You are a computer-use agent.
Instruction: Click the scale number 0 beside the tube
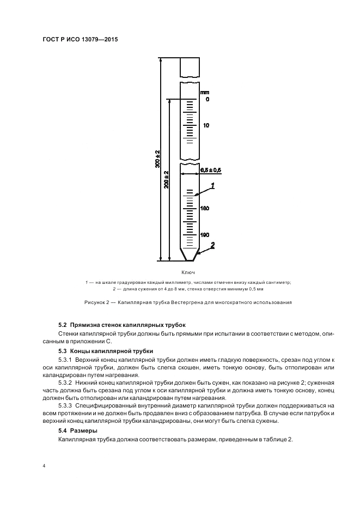tap(208, 100)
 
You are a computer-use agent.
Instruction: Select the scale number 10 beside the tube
tap(206, 125)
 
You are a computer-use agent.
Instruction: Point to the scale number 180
tap(205, 209)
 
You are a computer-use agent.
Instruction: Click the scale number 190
tap(205, 235)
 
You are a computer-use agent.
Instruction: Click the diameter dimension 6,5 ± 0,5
tap(210, 171)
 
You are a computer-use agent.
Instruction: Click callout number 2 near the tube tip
tap(213, 245)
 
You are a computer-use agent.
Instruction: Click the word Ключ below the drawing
tap(188, 272)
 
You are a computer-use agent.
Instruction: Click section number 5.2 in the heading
tap(62, 325)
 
